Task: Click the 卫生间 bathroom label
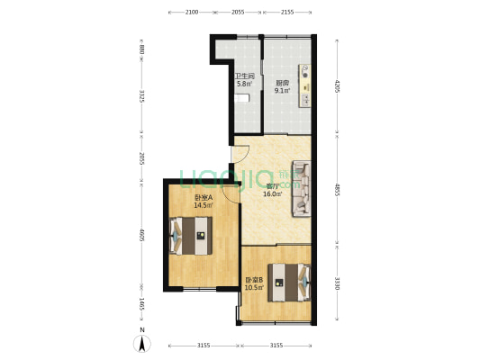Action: [244, 76]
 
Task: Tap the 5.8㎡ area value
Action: [244, 84]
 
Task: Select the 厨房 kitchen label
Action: [282, 83]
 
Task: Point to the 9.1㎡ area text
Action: [282, 90]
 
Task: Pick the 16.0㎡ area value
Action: [272, 193]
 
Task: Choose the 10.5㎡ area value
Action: [255, 287]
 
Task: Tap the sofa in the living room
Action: [301, 189]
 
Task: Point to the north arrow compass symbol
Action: [140, 342]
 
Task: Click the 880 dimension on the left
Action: [141, 50]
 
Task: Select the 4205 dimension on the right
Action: [337, 87]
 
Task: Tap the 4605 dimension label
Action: [141, 236]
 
